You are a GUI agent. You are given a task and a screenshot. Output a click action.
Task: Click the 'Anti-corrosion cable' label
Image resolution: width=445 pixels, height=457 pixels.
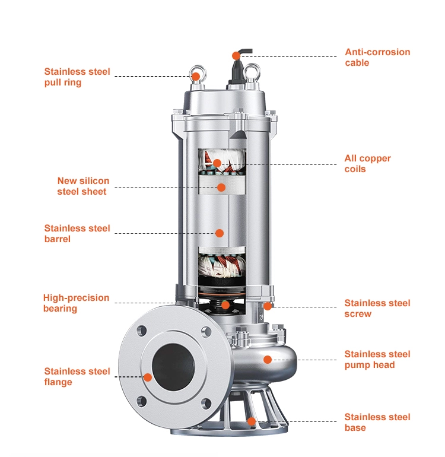pos(377,58)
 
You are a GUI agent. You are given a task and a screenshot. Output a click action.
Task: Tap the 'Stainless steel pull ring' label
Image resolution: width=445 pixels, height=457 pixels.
pos(77,77)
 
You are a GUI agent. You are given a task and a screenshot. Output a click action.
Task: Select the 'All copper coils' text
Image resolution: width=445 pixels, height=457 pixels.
pos(368,164)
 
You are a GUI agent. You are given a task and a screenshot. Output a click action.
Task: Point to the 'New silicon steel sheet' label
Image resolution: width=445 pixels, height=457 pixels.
pos(82,186)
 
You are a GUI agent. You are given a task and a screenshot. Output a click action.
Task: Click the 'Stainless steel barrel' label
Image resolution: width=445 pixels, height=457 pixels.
pos(77,233)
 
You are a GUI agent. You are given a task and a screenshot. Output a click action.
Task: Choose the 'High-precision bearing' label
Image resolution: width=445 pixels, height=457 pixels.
pos(76,303)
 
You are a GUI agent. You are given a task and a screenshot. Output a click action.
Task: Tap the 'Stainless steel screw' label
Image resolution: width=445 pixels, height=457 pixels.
pos(377,309)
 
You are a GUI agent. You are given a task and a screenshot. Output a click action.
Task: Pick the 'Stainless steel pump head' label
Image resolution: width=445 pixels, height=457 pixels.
pos(377,360)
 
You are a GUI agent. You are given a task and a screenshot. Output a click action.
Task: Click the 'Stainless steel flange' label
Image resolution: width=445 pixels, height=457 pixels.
pos(77,377)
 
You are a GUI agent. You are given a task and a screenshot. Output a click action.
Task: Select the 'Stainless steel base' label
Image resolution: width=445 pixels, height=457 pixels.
pos(377,423)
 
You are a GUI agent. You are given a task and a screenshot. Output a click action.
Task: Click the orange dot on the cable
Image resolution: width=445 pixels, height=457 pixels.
pos(236,56)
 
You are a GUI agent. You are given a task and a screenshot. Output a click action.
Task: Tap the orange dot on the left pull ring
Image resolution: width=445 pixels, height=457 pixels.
pos(195,77)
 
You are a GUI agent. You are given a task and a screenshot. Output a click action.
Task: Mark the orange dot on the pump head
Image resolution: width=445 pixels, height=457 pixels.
pos(268,359)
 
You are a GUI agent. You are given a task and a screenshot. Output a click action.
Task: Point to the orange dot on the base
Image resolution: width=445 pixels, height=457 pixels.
pos(252,421)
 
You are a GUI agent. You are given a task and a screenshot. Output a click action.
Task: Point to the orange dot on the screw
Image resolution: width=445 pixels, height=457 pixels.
pos(268,306)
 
